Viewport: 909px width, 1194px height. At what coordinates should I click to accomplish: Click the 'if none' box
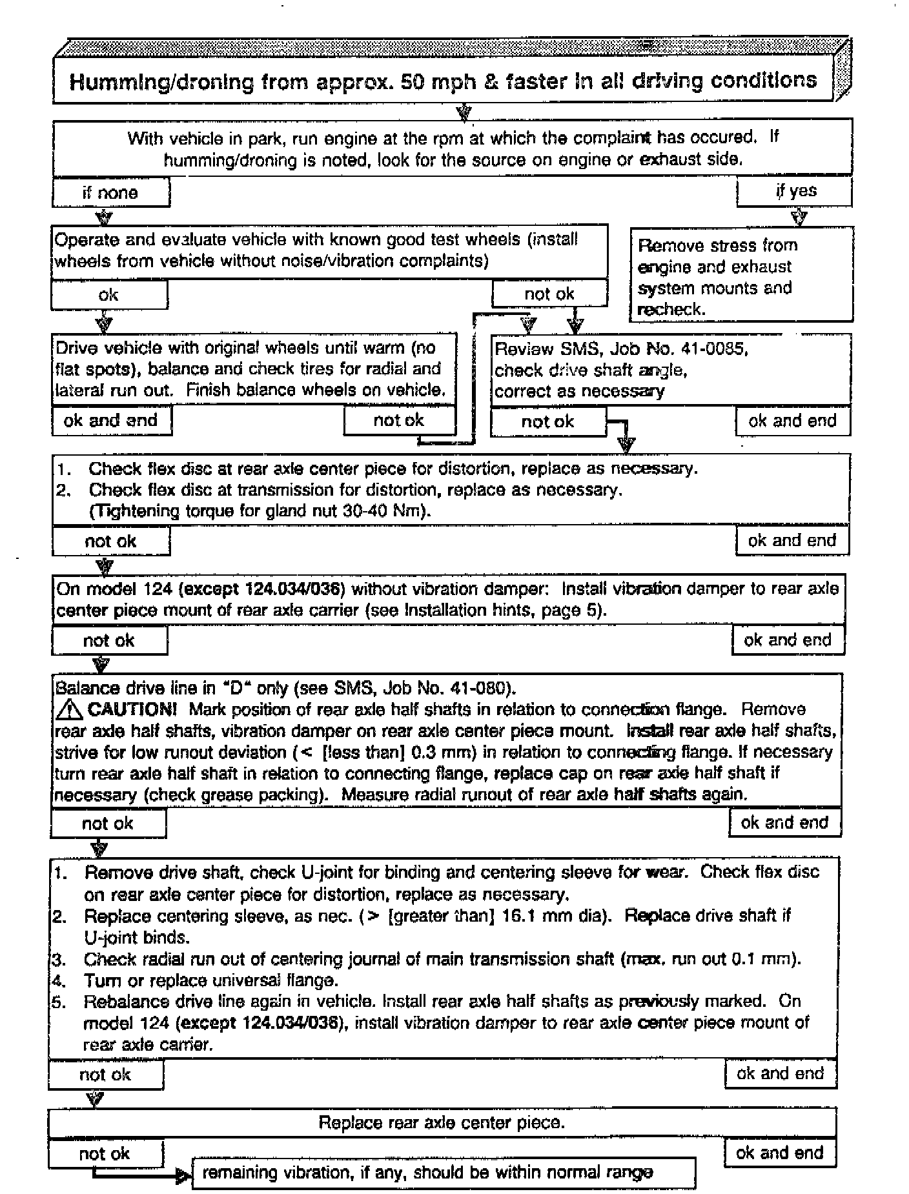110,192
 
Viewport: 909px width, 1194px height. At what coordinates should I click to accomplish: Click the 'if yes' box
795,191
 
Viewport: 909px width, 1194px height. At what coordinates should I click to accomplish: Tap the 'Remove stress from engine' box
741,276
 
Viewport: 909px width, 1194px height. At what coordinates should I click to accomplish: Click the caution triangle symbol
69,710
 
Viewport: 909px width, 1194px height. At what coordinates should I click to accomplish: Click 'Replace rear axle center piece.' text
442,1122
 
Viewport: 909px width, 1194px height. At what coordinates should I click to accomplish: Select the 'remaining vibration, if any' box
444,1173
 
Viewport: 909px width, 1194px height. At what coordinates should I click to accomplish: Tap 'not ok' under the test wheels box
549,294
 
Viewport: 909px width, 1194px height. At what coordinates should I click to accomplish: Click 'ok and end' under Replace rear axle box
779,1153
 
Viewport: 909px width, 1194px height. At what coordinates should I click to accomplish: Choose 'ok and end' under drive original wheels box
110,420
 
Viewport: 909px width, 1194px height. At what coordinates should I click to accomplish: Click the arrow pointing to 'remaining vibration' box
182,1176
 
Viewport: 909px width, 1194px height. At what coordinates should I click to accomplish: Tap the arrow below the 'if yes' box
799,216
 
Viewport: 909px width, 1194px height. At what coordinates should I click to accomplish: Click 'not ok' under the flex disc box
110,541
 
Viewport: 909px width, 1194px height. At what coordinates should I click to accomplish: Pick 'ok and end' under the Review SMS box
792,421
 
